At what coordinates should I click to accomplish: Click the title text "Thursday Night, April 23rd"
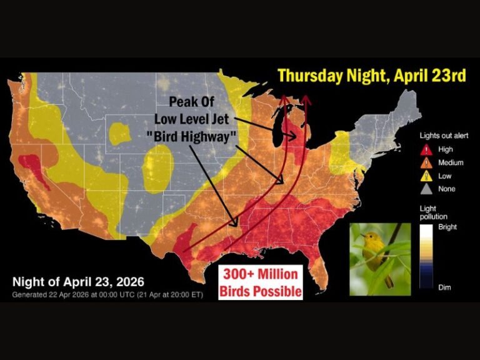[x=372, y=76]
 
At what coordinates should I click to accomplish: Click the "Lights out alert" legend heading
[x=443, y=136]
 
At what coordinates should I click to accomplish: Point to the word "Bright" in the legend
[x=447, y=227]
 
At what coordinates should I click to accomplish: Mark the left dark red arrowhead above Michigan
[x=283, y=98]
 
